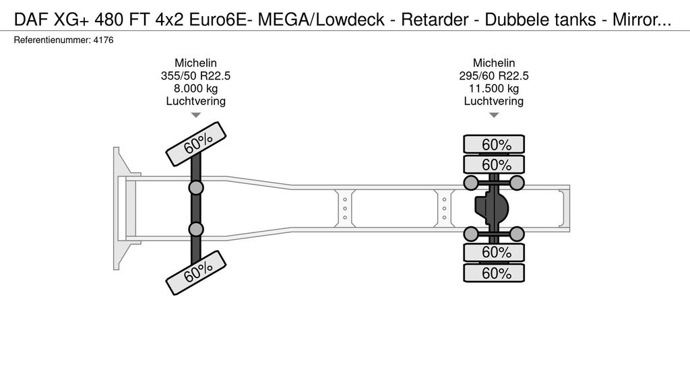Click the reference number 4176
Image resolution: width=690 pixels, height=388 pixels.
(104, 40)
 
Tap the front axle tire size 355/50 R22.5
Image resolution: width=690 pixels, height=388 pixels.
(195, 75)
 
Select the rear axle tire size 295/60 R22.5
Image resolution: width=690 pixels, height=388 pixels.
(494, 75)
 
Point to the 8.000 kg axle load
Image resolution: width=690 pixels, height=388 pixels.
(195, 88)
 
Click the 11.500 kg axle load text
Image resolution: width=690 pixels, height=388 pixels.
(494, 88)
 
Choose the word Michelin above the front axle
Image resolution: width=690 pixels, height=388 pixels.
(195, 63)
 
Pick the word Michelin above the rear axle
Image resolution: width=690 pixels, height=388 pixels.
(494, 63)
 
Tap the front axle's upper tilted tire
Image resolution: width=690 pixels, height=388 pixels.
(195, 143)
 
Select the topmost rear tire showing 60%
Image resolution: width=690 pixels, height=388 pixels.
(494, 144)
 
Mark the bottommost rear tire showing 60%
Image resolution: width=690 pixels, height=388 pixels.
(494, 273)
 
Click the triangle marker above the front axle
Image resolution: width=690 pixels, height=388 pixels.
(195, 115)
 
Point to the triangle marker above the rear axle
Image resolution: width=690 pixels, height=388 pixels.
(494, 115)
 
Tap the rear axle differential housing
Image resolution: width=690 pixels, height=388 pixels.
(490, 208)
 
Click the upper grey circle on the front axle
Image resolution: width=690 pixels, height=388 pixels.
(196, 187)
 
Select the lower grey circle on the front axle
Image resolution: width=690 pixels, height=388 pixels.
(196, 230)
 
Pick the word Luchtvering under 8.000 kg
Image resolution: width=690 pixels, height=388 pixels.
(195, 101)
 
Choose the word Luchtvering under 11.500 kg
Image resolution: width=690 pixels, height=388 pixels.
(494, 101)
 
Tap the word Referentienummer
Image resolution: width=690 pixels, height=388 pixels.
(51, 40)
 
